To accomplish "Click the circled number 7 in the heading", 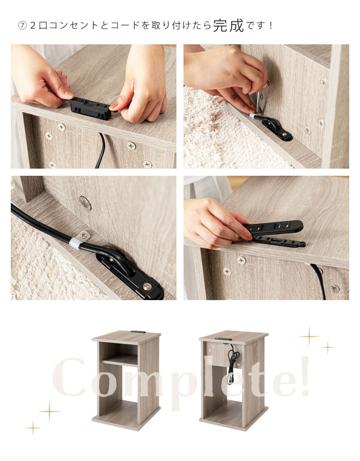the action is click(22, 26).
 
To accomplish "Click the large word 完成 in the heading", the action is click(228, 25).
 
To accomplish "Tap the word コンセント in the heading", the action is click(73, 26).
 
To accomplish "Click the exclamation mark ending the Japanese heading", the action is click(271, 26).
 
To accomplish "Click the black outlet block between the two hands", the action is click(90, 109).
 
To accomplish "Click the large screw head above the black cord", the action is click(85, 203).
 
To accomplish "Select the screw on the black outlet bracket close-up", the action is click(147, 286).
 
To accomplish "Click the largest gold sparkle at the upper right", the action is click(309, 337).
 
